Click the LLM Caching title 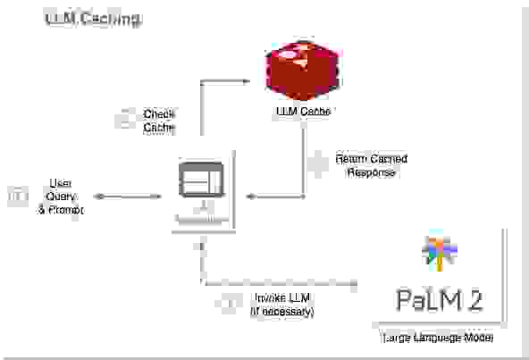92,19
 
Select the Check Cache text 159,121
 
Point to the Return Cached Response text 371,165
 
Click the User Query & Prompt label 60,197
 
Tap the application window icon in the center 202,182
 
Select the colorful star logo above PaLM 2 439,253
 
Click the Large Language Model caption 438,340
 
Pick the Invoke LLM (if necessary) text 282,304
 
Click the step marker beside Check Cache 124,121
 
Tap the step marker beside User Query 17,197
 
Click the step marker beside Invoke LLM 229,304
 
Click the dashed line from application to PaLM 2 277,283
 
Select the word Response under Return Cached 371,172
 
